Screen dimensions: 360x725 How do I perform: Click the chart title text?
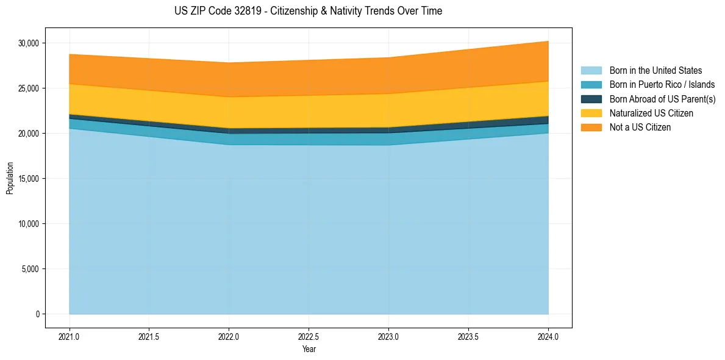[308, 11]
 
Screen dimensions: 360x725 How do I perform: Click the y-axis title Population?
[10, 178]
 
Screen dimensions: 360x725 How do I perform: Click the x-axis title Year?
[309, 349]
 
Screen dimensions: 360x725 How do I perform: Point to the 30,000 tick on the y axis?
[29, 43]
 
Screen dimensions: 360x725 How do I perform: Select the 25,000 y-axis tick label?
[29, 88]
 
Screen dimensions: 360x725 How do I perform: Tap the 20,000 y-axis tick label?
[29, 134]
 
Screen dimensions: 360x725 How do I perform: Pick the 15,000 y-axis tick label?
[29, 179]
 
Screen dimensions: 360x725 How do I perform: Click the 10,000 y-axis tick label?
[29, 224]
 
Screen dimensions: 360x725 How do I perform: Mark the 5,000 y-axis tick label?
[30, 269]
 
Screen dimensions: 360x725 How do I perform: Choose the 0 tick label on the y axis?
[37, 314]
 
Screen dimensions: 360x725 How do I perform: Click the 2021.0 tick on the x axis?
[70, 336]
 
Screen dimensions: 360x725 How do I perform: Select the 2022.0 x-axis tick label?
[229, 336]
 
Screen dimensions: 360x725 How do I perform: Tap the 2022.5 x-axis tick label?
[309, 336]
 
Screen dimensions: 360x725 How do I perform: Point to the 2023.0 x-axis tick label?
[388, 336]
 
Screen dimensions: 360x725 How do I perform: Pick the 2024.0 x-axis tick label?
[548, 336]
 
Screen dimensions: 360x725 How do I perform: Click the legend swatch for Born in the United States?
[591, 71]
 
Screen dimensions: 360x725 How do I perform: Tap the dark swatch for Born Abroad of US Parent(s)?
[591, 99]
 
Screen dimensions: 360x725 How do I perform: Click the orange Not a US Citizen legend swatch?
[591, 128]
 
